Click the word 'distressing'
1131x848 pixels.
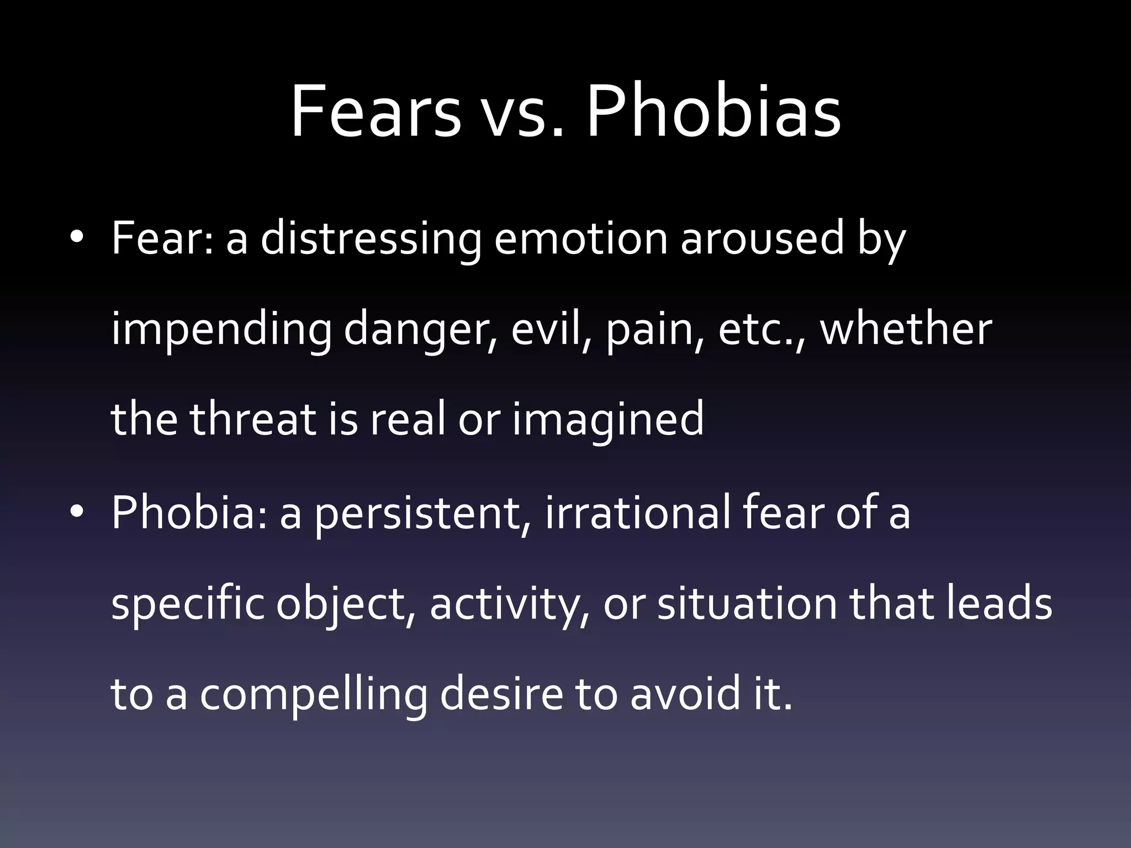coord(371,239)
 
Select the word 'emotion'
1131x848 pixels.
coord(580,239)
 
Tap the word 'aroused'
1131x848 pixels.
coord(762,239)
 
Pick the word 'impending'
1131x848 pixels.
coord(221,330)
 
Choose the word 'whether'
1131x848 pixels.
coord(906,330)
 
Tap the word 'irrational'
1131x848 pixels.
coord(637,512)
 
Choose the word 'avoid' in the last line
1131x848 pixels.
coord(685,694)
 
